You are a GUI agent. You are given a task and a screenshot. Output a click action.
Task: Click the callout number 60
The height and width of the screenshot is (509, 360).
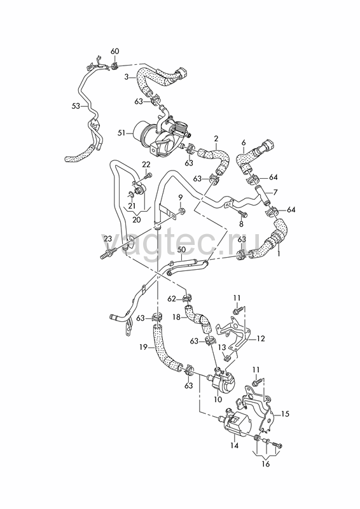(x=115, y=52)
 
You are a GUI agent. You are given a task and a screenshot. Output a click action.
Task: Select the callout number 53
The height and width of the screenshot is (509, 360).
(x=76, y=106)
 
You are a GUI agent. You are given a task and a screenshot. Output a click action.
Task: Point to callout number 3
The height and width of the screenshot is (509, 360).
(x=127, y=77)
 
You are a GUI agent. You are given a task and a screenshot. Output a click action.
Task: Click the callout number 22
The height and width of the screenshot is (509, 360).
(x=146, y=165)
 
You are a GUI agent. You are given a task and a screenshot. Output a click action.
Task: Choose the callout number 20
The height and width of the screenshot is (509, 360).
(x=137, y=220)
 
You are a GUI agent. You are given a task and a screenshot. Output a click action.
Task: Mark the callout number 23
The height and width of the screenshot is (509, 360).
(x=107, y=239)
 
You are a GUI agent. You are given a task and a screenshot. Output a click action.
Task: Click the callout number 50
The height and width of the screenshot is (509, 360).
(x=181, y=249)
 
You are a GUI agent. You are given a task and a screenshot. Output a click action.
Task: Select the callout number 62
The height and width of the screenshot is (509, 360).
(x=172, y=298)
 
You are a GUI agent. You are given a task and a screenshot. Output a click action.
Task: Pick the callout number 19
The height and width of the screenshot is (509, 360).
(x=144, y=348)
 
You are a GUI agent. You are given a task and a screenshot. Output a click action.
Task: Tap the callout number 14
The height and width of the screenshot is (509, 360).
(x=234, y=446)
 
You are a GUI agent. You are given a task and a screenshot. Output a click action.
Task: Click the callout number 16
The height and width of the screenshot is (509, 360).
(x=265, y=464)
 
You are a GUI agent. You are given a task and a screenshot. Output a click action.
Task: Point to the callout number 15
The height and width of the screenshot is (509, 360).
(x=285, y=414)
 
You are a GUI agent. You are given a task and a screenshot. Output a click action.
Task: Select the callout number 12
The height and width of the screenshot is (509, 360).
(x=261, y=339)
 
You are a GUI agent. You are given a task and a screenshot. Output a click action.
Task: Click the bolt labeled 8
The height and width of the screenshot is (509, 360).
(x=243, y=213)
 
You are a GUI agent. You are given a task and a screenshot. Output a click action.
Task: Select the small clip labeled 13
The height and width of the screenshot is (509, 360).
(x=227, y=358)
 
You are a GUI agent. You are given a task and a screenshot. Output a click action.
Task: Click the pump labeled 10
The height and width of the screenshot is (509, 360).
(x=223, y=380)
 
